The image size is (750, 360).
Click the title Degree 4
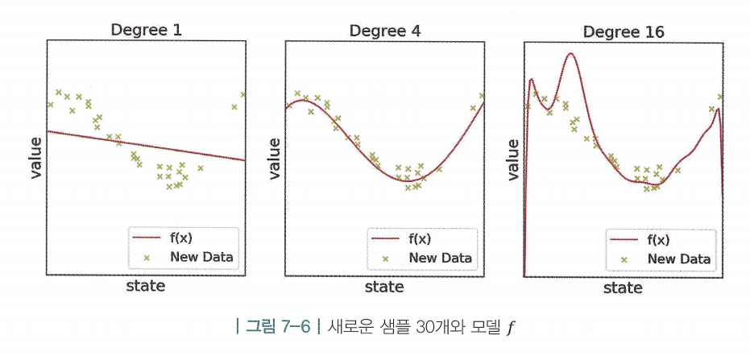tap(385, 31)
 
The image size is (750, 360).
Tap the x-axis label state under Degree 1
tap(146, 285)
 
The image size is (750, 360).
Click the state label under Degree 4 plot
tap(385, 285)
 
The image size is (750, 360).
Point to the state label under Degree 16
tap(624, 287)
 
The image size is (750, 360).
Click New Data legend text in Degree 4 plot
tap(439, 258)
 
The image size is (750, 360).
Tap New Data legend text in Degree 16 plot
tap(678, 259)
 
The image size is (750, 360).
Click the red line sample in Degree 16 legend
tap(625, 240)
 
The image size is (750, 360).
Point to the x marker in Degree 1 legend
tap(147, 258)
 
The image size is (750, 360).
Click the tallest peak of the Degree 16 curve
tap(570, 54)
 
